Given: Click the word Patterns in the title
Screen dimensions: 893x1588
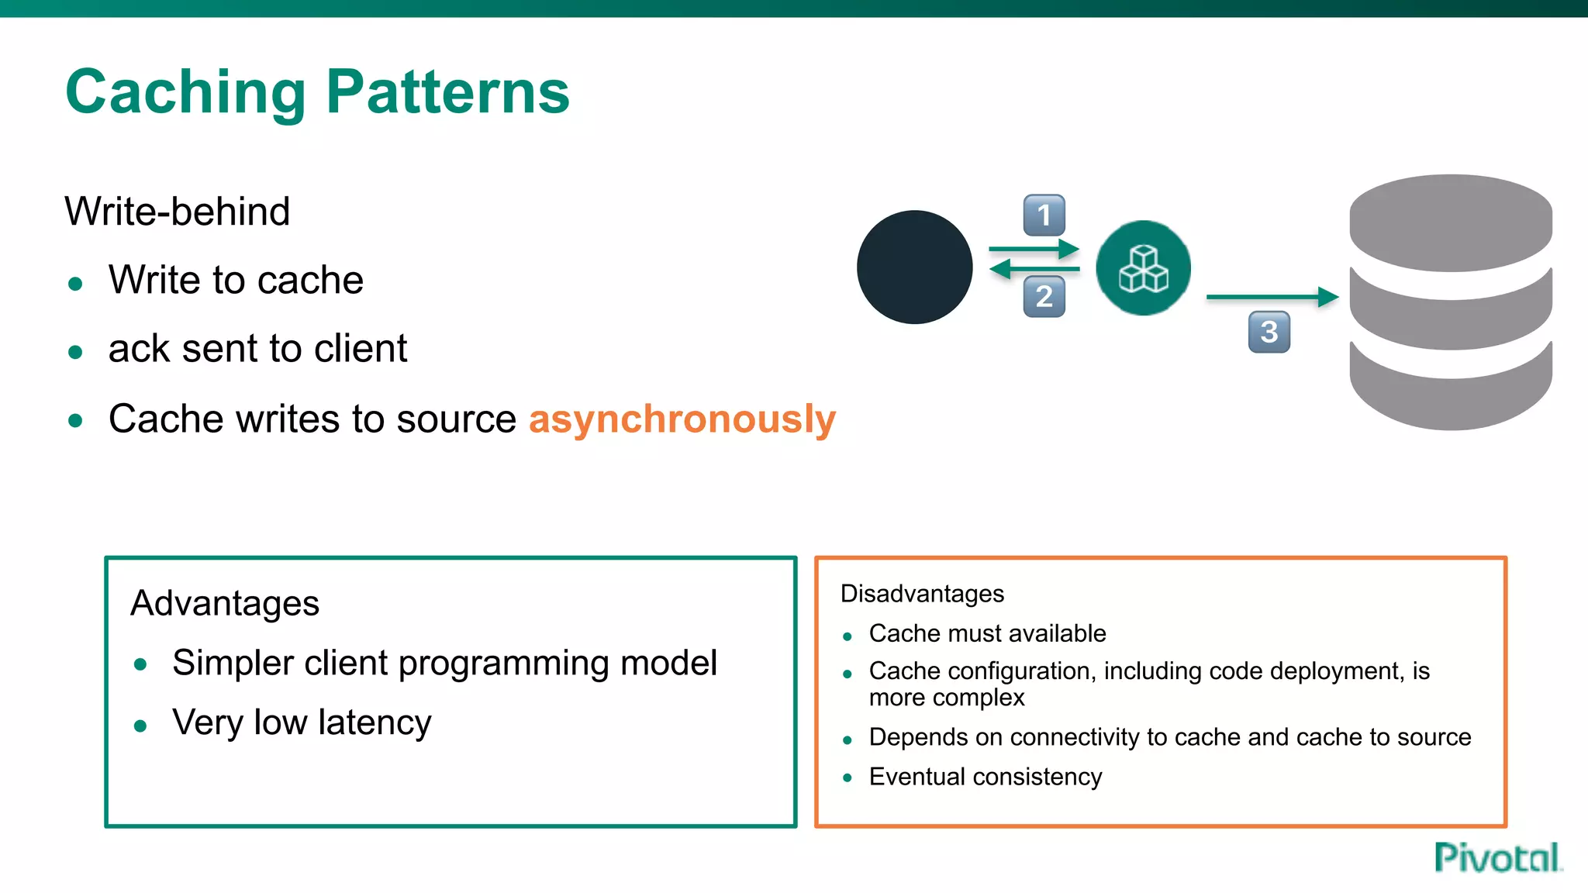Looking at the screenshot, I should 447,93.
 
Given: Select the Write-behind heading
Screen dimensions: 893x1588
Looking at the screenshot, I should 178,212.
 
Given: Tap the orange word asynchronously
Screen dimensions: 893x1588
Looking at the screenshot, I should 682,419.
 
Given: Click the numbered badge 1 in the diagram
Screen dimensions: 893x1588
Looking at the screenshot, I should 1044,215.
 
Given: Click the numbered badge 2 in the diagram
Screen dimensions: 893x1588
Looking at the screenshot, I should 1044,297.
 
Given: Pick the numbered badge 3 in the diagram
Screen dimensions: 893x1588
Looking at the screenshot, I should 1269,332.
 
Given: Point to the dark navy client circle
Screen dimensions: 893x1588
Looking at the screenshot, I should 914,267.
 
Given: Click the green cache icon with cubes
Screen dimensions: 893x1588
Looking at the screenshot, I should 1143,267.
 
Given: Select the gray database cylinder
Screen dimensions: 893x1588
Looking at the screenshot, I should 1450,302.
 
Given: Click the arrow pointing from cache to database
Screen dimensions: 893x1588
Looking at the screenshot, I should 1272,297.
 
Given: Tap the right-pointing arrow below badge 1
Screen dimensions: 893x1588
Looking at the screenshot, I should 1034,249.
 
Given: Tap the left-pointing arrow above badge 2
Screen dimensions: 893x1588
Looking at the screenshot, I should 1034,269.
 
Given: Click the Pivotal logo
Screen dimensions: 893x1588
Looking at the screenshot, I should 1497,857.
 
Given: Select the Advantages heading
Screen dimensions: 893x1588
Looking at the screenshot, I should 225,603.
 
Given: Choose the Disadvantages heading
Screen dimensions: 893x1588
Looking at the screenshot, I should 922,594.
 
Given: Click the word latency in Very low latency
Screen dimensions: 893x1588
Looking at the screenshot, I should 375,722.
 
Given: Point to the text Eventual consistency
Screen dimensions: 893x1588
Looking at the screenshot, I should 985,777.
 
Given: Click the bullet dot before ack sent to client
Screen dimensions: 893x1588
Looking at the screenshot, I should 75,353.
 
